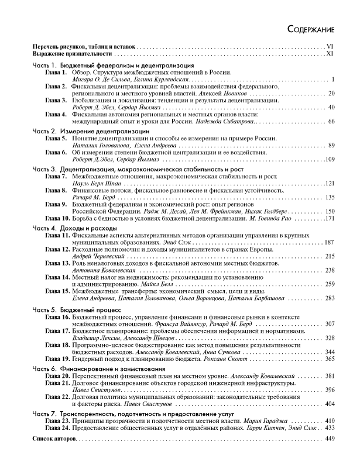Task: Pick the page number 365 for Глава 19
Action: tap(329, 359)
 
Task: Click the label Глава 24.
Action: tap(58, 444)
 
